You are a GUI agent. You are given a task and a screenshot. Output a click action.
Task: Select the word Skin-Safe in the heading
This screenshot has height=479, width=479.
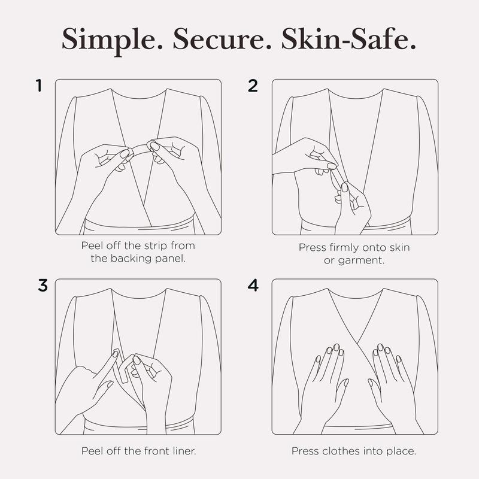point(348,39)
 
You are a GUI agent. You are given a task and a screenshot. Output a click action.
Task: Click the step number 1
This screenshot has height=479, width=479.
point(38,86)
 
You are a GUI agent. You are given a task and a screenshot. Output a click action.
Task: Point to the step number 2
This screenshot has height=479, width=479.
point(253,86)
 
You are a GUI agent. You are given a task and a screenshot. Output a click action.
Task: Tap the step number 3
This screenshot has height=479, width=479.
point(43,286)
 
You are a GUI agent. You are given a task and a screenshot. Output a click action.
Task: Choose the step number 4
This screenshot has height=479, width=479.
point(253,286)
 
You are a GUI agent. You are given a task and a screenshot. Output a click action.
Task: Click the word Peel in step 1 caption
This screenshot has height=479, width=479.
point(92,245)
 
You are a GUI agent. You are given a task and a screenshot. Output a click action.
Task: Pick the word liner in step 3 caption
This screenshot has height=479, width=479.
point(184,451)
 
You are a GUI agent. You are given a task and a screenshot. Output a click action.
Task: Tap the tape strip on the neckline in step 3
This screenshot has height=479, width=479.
point(121,365)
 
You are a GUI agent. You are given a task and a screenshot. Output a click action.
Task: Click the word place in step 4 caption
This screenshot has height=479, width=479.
point(401,451)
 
